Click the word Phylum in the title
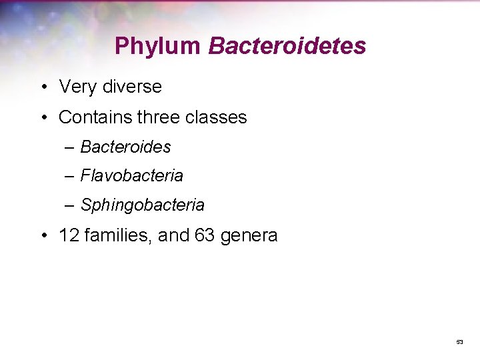(157, 46)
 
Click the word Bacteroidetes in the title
(287, 46)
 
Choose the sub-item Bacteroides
(125, 146)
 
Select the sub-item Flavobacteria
(131, 175)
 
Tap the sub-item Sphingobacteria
(142, 205)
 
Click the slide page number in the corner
(459, 342)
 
